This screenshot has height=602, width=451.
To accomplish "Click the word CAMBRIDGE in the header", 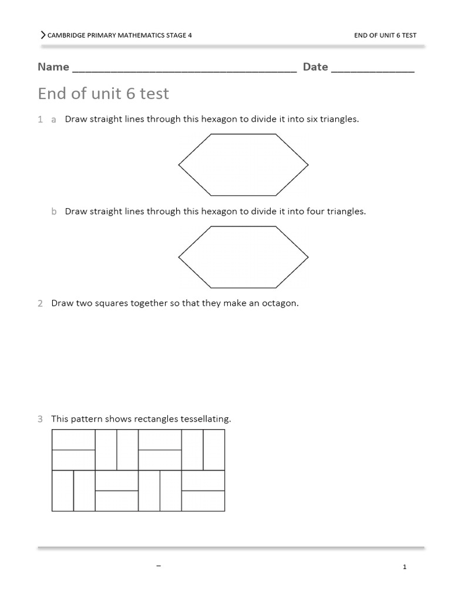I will (66, 35).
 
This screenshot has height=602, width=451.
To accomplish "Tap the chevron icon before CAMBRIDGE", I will (43, 35).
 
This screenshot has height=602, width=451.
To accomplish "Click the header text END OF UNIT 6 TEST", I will (385, 35).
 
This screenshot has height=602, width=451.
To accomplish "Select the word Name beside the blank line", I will (53, 67).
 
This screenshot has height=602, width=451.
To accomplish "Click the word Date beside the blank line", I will (315, 67).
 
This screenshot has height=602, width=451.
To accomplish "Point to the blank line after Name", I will (184, 71).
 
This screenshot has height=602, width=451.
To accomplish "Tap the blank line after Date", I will (373, 71).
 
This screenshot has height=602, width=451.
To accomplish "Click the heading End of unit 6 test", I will (103, 93).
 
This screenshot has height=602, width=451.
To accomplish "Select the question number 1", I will (40, 119).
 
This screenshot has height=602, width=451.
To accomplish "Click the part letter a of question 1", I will (53, 119).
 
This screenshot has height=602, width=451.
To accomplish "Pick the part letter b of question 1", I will (53, 212).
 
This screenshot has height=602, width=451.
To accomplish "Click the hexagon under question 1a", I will (243, 165).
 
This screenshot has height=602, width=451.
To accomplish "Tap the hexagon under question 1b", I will (243, 257).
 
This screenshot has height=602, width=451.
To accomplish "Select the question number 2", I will (40, 304).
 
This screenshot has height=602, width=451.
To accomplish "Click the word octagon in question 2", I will (280, 304).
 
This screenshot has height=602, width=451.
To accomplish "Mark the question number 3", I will (40, 419).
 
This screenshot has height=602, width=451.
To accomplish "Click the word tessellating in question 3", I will (207, 419).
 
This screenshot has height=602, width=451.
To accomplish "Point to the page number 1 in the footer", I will (405, 567).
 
